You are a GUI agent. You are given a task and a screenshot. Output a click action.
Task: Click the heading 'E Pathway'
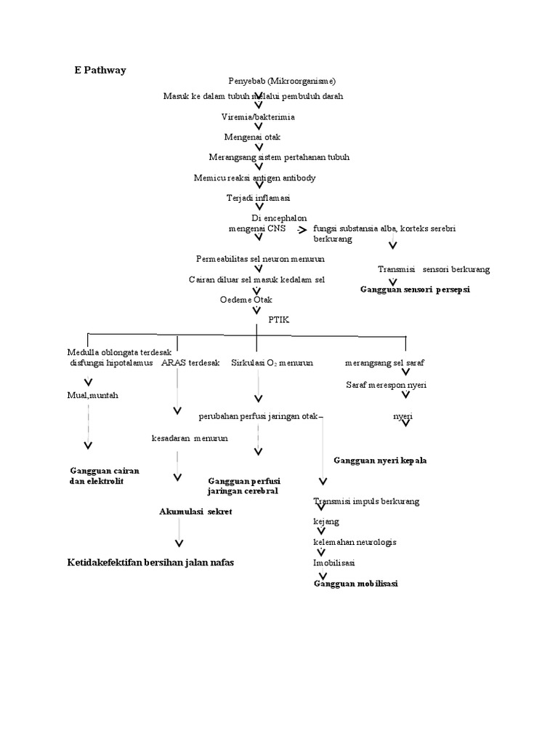[100, 71]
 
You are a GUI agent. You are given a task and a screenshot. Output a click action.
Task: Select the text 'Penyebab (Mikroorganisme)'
[281, 81]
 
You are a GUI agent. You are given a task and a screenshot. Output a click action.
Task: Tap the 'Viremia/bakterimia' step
[258, 116]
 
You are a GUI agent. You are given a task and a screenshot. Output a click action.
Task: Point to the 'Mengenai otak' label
[252, 137]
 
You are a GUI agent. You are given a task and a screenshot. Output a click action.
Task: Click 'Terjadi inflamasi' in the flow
[258, 198]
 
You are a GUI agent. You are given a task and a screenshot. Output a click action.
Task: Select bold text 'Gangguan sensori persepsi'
[415, 290]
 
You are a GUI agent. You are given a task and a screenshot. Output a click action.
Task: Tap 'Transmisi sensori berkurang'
[434, 269]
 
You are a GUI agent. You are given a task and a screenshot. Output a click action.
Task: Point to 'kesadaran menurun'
[190, 438]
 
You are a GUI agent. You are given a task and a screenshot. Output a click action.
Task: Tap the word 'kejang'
[326, 522]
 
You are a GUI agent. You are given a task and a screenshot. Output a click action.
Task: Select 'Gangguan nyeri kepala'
[379, 461]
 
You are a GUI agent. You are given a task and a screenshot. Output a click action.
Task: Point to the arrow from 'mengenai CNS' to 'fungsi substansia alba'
[302, 229]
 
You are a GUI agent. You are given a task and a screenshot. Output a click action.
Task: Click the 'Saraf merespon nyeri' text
[386, 384]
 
